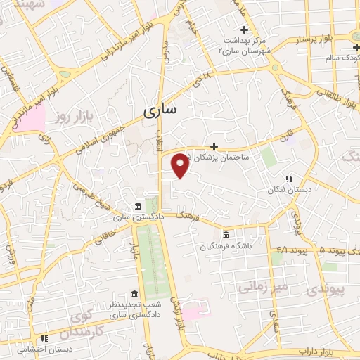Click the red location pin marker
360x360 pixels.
tap(181, 165)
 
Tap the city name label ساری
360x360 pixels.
tap(162, 110)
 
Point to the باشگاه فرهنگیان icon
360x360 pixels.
tap(226, 235)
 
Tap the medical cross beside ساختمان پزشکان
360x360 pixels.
tap(214, 146)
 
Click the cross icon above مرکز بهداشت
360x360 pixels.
tap(244, 30)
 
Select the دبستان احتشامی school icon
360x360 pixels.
tap(44, 338)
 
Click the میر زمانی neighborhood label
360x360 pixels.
tap(264, 287)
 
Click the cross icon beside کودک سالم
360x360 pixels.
tap(356, 46)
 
